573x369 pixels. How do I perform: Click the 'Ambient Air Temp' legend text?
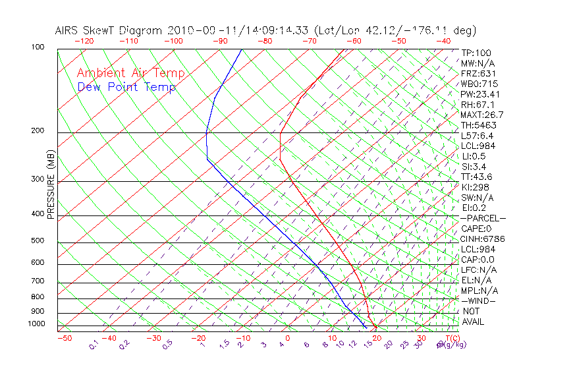[130, 73]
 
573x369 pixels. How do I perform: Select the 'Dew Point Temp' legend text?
[126, 87]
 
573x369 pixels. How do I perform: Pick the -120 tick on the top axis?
[84, 41]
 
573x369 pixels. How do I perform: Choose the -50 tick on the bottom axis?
[65, 338]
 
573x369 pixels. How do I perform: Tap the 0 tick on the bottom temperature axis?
[288, 338]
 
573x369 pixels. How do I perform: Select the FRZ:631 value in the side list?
[476, 73]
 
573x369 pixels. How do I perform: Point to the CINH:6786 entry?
[480, 239]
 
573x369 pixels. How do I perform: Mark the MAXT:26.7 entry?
[480, 115]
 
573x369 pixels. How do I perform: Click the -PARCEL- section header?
[483, 218]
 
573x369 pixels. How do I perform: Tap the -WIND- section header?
[479, 301]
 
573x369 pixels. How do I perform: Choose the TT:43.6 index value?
[476, 177]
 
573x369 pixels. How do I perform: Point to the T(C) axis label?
[449, 338]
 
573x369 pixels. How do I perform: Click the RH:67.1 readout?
[476, 104]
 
